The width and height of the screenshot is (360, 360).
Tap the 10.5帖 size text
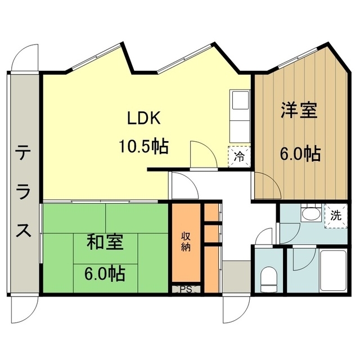(x=143, y=147)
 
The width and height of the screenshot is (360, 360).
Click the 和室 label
(x=105, y=243)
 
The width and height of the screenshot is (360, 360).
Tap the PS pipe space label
(x=185, y=290)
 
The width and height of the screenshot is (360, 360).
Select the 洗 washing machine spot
(x=335, y=214)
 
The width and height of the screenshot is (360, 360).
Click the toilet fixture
(x=269, y=279)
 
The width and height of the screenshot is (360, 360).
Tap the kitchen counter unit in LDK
(x=240, y=115)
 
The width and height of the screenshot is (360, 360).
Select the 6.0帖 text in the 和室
(x=105, y=274)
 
